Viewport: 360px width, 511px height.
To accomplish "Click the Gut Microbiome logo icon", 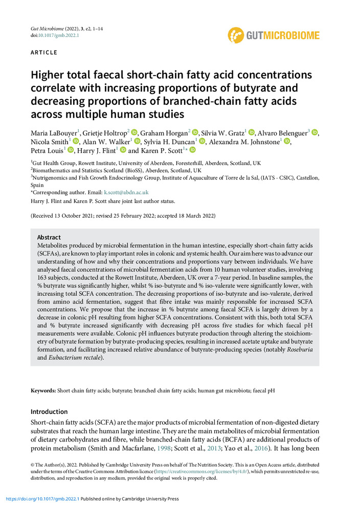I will tap(236, 35).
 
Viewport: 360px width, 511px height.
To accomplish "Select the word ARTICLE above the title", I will tap(44, 53).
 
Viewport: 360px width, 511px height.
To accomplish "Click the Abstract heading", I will tap(49, 237).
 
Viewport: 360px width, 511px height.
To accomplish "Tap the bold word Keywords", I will tap(43, 390).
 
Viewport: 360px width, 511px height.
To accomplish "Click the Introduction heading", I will tap(49, 411).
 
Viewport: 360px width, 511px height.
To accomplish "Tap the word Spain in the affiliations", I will tap(38, 184).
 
